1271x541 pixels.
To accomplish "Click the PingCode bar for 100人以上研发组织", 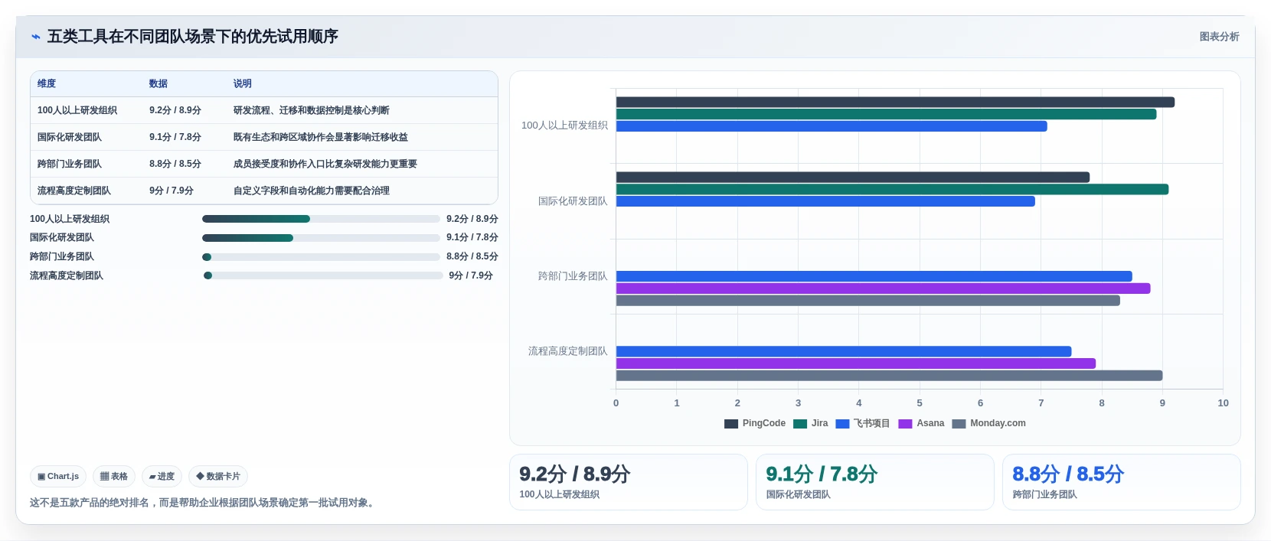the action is pos(895,102).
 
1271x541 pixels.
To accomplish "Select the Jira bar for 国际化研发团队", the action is pos(892,190).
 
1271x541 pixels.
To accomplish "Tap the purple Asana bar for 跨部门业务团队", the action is pos(883,288).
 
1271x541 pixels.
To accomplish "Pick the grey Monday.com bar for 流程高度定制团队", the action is pos(889,376).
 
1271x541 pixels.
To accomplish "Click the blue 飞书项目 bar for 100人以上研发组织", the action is pos(832,126).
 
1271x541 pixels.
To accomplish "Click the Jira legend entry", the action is pos(810,424).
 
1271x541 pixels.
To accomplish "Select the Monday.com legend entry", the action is pos(988,424).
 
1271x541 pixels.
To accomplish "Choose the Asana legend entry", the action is pos(922,424).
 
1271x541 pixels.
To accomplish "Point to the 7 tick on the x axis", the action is pos(1041,403).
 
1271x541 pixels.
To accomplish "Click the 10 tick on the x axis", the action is pos(1223,403).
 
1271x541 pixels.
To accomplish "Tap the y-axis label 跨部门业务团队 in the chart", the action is pos(573,276).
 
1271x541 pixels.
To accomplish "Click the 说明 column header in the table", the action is pos(242,83).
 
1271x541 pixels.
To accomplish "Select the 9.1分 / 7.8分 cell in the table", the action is pos(175,137).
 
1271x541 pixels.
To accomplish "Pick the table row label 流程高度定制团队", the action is pos(74,191).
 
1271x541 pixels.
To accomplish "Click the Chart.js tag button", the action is pos(58,477).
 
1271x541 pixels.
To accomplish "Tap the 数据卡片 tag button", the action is pos(218,477).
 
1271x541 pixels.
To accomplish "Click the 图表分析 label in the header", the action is pos(1219,37).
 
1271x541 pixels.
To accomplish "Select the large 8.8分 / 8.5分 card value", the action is pos(1068,474).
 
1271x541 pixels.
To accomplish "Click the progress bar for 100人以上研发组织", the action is pos(321,219).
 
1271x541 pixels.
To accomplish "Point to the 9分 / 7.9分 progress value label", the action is pos(470,275).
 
